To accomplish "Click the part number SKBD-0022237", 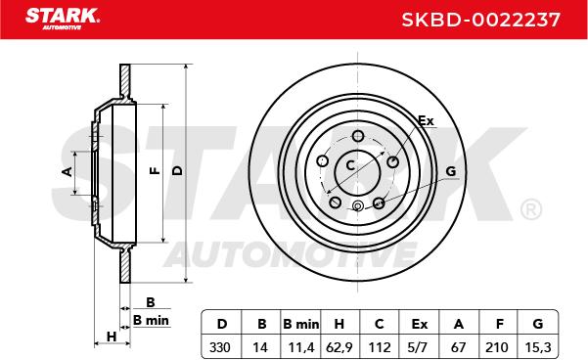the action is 480,20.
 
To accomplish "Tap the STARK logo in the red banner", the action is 63,19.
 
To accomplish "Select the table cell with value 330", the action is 220,347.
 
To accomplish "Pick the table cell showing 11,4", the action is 300,347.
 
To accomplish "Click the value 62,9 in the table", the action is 339,347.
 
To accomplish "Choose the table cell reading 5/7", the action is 417,347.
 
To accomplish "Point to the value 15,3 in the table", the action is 538,347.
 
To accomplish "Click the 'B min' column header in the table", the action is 300,324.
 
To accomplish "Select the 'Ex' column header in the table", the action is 420,324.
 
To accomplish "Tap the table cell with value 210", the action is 496,347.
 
